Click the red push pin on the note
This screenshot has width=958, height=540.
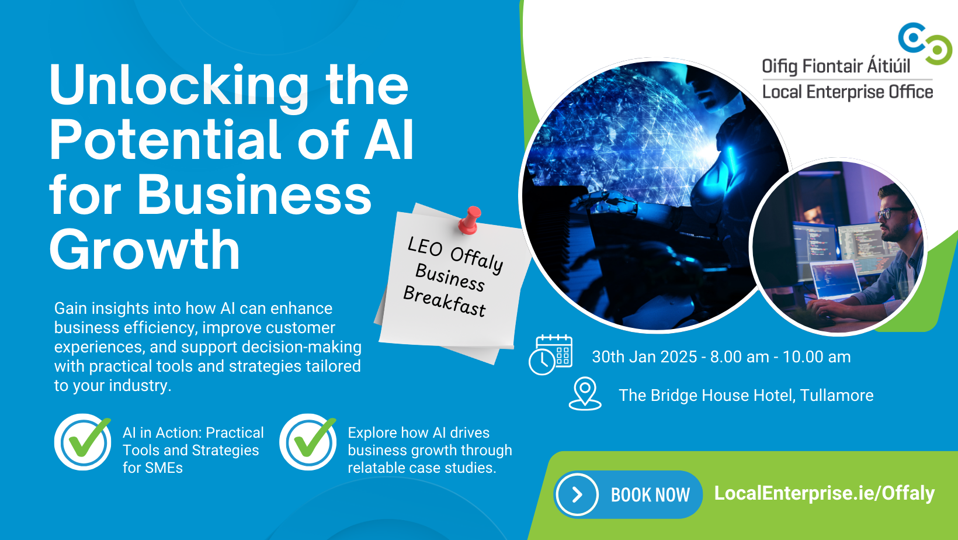point(470,220)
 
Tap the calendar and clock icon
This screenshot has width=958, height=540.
point(550,355)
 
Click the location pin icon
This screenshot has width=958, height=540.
point(585,393)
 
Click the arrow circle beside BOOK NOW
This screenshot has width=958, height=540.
point(577,494)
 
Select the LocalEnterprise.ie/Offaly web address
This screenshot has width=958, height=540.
point(824,493)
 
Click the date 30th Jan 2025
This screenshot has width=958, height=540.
point(644,357)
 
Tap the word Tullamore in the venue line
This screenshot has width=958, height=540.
point(836,396)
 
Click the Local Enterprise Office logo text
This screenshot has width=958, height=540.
point(847,92)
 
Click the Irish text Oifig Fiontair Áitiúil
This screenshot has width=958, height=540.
point(836,66)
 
